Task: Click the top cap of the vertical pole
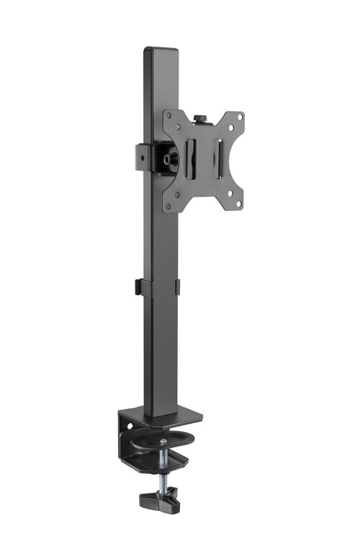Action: click(x=161, y=51)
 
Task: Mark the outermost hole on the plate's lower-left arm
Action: click(x=168, y=206)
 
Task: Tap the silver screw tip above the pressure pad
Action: click(x=164, y=441)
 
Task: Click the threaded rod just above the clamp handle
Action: click(x=163, y=478)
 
